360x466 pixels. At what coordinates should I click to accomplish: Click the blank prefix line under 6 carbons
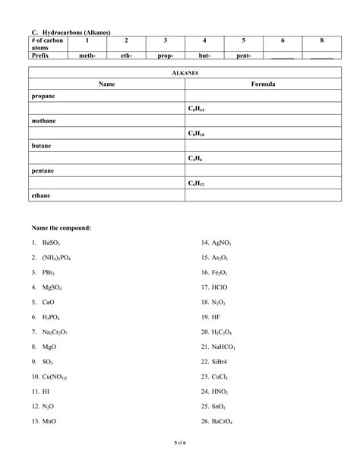point(283,56)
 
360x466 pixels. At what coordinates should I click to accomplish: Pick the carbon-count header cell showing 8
point(321,40)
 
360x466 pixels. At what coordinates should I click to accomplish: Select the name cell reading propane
point(44,97)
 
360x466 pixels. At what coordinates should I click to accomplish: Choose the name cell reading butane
point(43,146)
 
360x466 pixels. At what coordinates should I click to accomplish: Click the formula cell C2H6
point(194,158)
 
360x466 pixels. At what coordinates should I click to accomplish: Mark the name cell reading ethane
point(41,195)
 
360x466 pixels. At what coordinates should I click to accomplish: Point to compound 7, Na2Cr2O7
point(51,332)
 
